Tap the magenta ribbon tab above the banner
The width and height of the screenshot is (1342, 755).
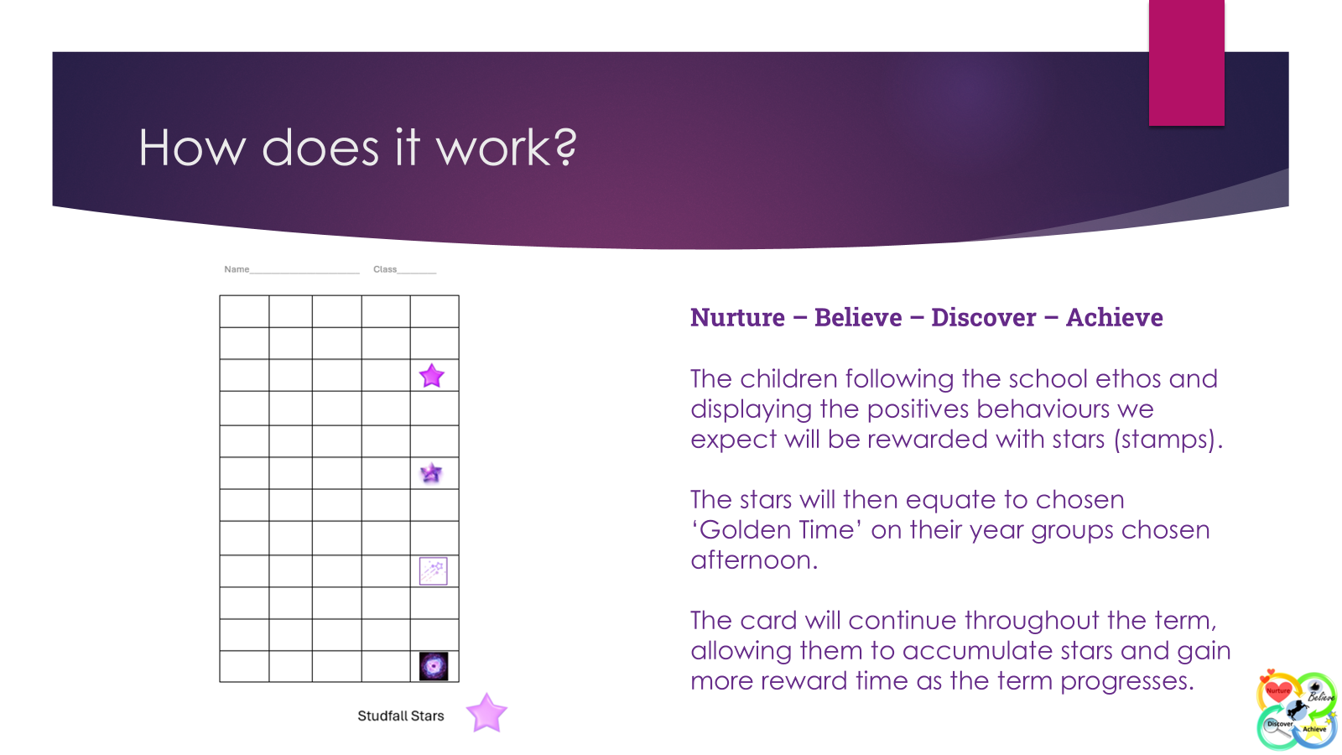click(x=1186, y=62)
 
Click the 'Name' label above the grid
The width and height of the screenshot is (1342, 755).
click(x=237, y=269)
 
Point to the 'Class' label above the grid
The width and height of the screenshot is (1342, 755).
click(x=385, y=269)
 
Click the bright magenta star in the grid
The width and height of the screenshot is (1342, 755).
click(x=431, y=376)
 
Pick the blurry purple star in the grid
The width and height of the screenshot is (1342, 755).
click(x=431, y=473)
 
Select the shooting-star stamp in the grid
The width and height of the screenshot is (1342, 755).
click(x=433, y=571)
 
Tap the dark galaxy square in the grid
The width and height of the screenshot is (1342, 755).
click(x=434, y=666)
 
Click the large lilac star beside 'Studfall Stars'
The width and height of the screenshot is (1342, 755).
click(x=486, y=713)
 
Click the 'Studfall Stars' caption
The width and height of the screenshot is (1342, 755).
click(x=401, y=716)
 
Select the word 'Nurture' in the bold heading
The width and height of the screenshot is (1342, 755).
click(x=737, y=318)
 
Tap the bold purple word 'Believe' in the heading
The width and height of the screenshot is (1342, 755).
click(x=858, y=318)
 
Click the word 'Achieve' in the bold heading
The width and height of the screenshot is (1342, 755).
click(x=1115, y=318)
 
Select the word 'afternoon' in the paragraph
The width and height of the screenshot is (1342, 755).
click(x=754, y=560)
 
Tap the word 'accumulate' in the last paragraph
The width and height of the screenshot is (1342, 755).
click(x=977, y=651)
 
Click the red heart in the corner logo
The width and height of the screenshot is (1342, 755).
click(x=1278, y=692)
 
